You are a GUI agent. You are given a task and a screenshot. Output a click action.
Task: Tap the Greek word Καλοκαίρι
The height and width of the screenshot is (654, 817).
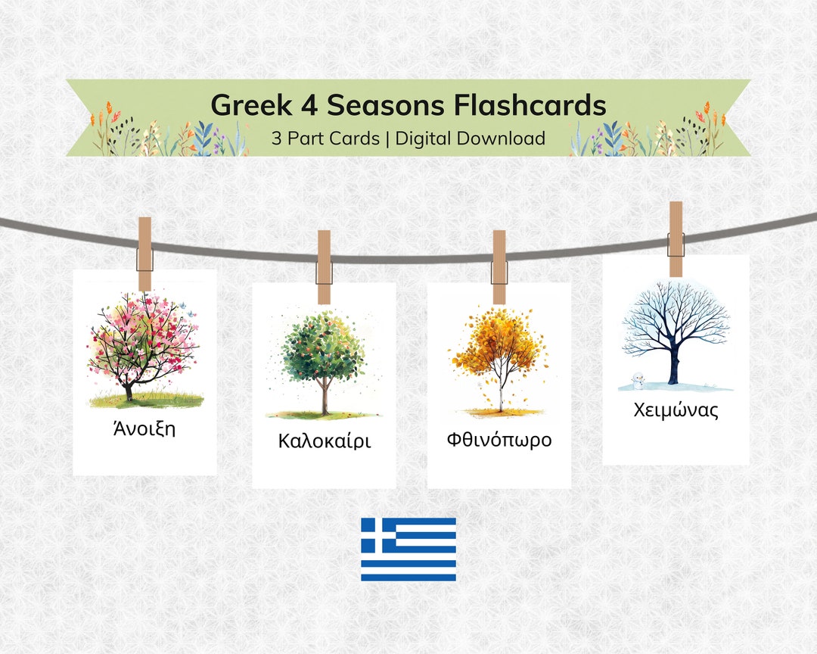tap(325, 441)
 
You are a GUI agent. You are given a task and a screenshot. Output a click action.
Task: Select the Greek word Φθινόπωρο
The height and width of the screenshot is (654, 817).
tap(499, 439)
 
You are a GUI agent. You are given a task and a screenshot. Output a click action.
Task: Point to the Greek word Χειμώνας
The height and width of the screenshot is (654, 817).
tap(676, 410)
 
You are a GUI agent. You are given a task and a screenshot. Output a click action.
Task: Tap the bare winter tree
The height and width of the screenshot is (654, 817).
tap(675, 329)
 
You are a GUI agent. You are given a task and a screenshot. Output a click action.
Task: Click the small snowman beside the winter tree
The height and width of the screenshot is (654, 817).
tap(638, 378)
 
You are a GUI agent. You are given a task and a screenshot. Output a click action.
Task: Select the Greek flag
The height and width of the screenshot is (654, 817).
tap(408, 550)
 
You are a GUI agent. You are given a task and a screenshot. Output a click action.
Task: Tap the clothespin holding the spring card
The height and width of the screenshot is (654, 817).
tap(144, 253)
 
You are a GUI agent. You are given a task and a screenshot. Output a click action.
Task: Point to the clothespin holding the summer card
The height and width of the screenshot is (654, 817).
tap(324, 266)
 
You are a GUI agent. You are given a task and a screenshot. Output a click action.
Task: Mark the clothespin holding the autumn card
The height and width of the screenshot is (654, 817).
tap(499, 266)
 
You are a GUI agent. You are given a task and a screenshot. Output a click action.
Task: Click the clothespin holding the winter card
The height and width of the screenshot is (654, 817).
tap(676, 238)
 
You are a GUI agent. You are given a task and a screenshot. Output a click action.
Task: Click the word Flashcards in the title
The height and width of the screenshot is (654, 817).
tap(530, 104)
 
